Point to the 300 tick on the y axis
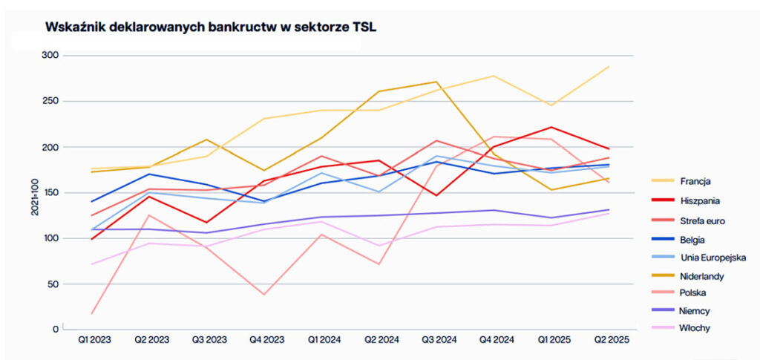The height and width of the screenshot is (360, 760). pos(50,56)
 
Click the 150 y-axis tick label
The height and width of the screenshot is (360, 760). pos(50,193)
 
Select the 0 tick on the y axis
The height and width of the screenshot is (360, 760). pos(55,329)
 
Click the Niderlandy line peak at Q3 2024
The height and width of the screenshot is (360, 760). pos(437,82)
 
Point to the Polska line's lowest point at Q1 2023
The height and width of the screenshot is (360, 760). pos(92,313)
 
